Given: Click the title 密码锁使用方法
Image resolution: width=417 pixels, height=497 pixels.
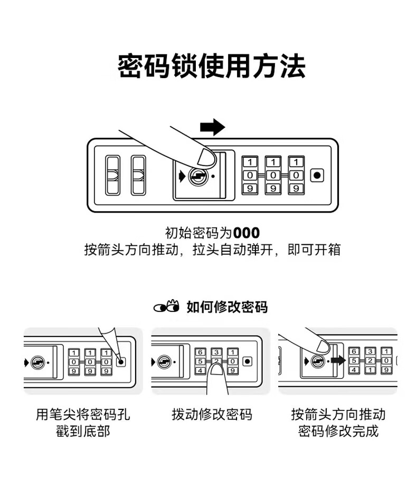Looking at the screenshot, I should tap(211, 66).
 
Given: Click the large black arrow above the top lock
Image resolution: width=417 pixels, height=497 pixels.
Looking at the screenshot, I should tap(213, 127).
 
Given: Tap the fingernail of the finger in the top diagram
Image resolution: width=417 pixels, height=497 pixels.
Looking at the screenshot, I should tap(205, 156).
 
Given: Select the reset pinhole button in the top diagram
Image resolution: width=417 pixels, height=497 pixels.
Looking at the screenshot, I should tap(317, 175).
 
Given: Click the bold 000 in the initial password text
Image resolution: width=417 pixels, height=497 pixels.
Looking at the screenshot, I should tap(247, 233).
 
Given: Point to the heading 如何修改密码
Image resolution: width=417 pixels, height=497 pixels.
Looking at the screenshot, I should tap(227, 307).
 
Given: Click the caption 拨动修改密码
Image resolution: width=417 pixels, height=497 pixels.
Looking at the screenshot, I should tap(212, 414).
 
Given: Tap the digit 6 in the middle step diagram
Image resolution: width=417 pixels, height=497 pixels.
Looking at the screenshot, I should tap(200, 352).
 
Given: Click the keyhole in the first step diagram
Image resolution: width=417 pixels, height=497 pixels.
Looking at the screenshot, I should tap(37, 362).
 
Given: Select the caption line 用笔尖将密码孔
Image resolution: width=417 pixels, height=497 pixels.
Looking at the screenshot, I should tap(83, 414).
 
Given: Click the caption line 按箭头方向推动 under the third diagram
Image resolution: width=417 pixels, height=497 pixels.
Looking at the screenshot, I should tap(338, 414).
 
